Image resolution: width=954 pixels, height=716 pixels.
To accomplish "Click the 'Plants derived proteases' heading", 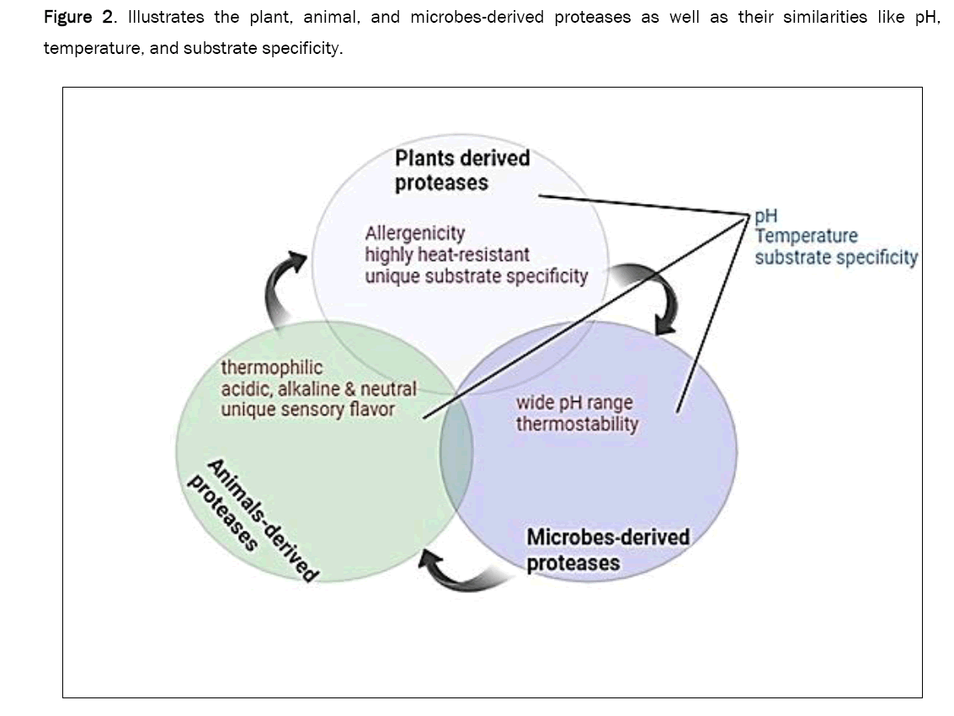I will [x=462, y=170].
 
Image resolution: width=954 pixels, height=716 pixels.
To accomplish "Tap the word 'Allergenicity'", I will [x=414, y=232].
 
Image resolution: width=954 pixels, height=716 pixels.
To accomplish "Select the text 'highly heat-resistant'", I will [x=447, y=254].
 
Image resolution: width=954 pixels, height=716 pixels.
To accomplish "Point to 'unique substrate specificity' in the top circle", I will [x=476, y=275].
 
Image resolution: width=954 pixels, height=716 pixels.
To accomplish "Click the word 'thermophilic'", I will [x=271, y=368].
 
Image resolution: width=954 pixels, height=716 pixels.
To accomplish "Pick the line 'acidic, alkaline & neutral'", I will [x=318, y=389].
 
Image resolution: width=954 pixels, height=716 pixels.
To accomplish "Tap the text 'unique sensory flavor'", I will [x=307, y=410].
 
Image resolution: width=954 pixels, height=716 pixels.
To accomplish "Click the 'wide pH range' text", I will [x=573, y=403].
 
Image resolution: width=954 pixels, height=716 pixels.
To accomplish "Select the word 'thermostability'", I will [x=577, y=424].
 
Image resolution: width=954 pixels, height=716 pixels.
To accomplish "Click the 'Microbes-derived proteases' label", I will [x=607, y=549].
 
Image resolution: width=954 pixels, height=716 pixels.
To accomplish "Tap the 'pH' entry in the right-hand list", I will [x=766, y=216].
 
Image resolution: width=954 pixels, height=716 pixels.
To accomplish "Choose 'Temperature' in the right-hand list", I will [x=806, y=237].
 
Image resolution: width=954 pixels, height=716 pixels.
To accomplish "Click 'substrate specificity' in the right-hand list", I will [x=835, y=258].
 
